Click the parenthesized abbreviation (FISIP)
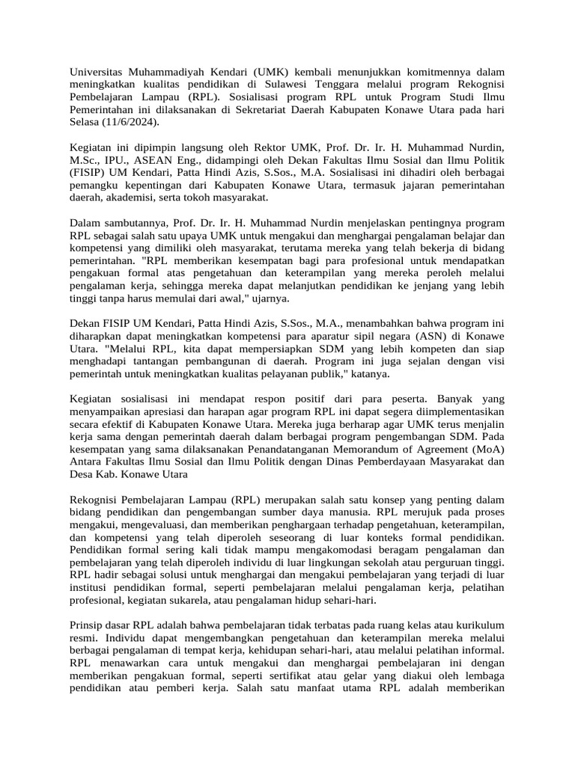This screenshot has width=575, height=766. coord(89,173)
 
